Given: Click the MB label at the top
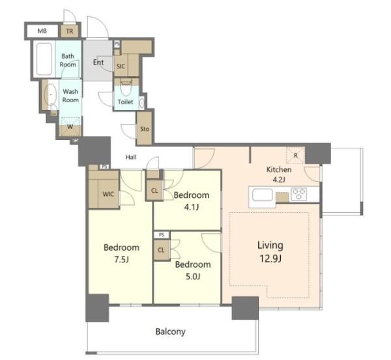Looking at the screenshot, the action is pos(42,31).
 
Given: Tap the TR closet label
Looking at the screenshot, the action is pos(70,31).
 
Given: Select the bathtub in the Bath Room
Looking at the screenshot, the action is pos(44,59).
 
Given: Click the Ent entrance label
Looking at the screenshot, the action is pos(98,62).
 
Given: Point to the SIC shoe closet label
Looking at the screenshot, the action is pos(121,66).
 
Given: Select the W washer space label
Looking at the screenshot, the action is pos(70,126).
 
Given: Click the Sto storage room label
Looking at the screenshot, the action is pos(145,129).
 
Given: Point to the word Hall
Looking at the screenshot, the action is pos(131,157).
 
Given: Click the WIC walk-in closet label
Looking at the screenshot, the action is pos(108,194).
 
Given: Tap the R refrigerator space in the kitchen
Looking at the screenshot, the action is pos(295,156).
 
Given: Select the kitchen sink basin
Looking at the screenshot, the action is pos(262,195).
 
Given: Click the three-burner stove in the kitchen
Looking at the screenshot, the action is pos(298,194).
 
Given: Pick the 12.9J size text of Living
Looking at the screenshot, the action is pos(270,259).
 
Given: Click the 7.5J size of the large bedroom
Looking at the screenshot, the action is pos(121,260).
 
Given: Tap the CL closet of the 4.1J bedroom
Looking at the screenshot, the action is pos(154,191).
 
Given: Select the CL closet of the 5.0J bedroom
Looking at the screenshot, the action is pos(161,250).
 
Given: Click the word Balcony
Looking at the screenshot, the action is pos(171,332).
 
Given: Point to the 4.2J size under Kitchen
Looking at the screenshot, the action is pos(279,180).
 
